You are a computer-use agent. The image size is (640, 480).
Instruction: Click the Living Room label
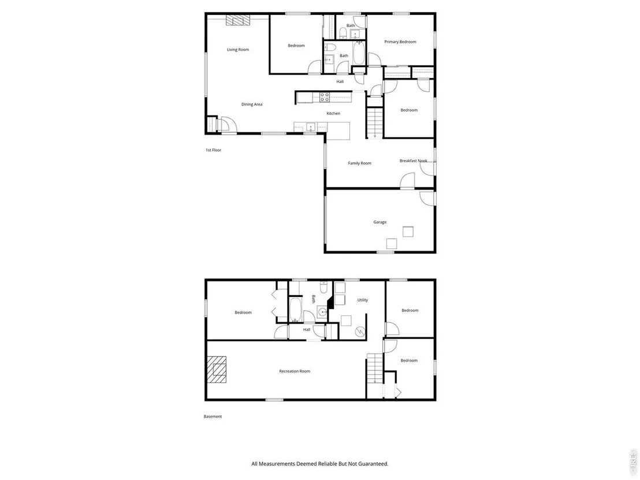tap(238, 50)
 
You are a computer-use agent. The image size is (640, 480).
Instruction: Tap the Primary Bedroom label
tap(400, 42)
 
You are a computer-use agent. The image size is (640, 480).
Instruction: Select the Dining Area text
tap(252, 105)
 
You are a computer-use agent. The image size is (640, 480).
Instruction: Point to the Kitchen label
tap(333, 113)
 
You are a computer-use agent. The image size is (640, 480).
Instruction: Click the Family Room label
tap(360, 163)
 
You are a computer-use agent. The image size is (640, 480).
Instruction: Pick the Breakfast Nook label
tap(414, 161)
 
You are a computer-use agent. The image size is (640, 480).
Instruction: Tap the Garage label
tap(380, 222)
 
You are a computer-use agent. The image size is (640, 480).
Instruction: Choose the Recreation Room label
tap(295, 371)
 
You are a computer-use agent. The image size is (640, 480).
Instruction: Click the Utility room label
tap(362, 300)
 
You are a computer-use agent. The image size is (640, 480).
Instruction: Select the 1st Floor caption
tap(214, 150)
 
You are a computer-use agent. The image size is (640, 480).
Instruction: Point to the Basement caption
tap(213, 416)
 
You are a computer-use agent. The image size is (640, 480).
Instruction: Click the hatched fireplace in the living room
tap(237, 20)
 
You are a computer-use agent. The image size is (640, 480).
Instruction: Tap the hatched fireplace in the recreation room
tap(216, 370)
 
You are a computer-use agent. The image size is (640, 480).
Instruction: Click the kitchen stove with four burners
tap(325, 97)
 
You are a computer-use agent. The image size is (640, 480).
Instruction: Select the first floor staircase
tap(375, 122)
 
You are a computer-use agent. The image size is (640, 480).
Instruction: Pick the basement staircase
tap(375, 369)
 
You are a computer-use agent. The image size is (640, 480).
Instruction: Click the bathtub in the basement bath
tap(295, 310)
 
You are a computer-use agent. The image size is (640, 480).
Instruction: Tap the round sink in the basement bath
tap(323, 312)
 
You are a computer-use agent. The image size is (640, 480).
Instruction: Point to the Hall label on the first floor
tap(340, 81)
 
